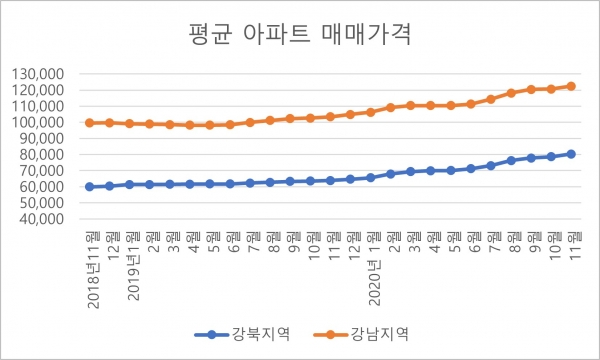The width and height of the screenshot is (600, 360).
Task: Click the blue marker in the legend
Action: click(x=211, y=333)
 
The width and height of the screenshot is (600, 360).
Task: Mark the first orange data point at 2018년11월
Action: click(x=90, y=122)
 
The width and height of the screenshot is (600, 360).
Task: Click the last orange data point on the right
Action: click(x=571, y=86)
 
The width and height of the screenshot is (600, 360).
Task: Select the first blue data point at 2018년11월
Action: click(x=90, y=186)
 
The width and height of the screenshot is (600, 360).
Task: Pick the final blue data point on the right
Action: click(x=571, y=153)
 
